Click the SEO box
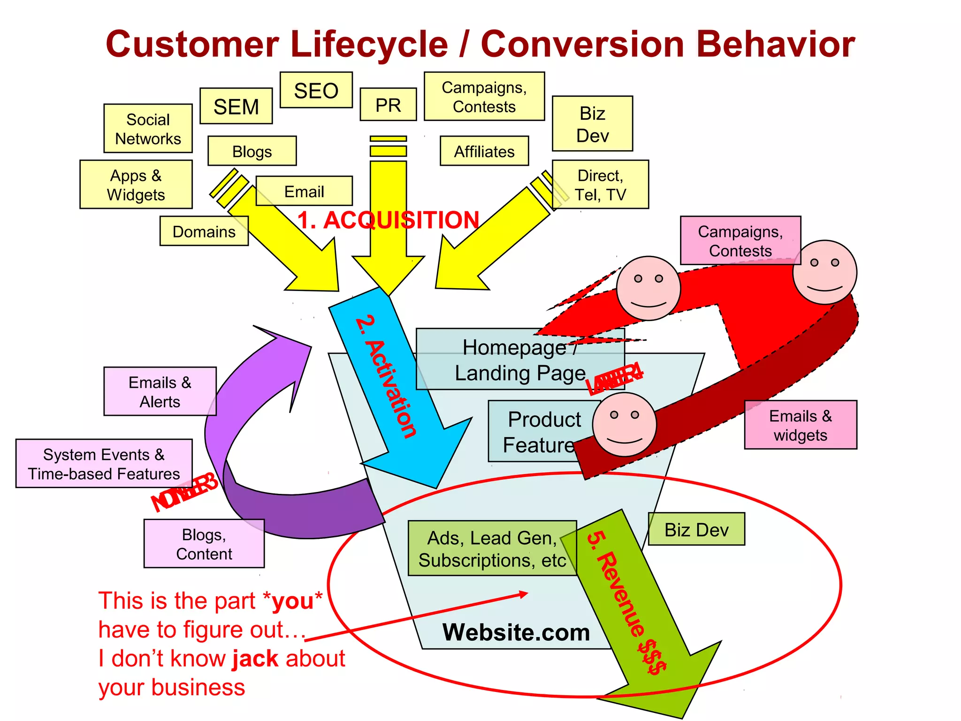coord(316,90)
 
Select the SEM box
coord(236,106)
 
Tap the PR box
coord(388,105)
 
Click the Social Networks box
coord(148,129)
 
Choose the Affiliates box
coord(484,151)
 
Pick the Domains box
coord(204,231)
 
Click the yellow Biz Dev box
coord(592,124)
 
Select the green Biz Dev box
coord(696,529)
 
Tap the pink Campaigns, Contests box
coord(740,240)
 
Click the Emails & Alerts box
coord(160,391)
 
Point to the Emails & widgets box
coord(801,425)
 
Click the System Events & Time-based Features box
coord(104,464)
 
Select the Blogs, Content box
coord(204,544)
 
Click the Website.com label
coord(516,632)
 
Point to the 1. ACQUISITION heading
coord(388,220)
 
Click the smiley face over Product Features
coord(624,425)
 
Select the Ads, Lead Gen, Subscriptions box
coord(492,548)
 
